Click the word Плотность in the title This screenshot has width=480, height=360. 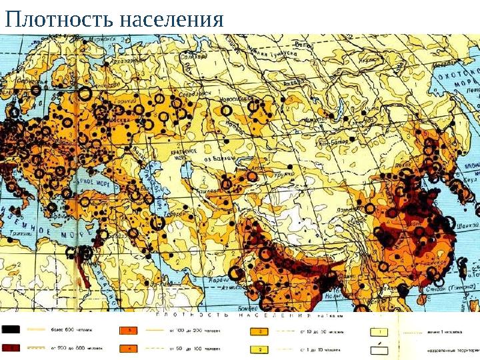click(x=58, y=19)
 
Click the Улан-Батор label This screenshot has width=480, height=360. click(x=331, y=141)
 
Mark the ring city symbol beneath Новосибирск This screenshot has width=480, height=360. click(x=225, y=111)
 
